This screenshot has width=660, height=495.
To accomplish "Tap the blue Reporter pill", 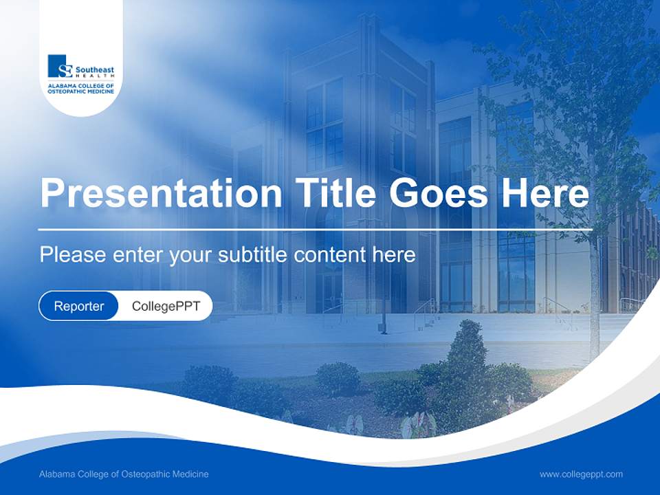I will point(78,306).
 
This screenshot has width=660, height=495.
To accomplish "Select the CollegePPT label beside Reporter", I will point(166,306).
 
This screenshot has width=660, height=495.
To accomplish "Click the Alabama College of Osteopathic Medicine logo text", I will point(80,87).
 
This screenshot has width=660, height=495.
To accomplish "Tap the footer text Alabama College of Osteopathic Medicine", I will point(124,474).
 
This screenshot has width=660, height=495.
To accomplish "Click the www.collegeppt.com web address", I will point(581,474).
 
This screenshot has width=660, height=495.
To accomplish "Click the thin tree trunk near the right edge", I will point(594,302).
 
